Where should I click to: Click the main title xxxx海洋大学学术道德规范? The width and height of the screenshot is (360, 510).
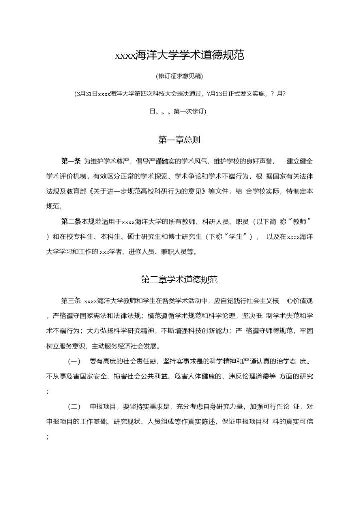[x=179, y=56]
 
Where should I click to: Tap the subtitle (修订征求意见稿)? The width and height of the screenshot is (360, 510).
[x=179, y=76]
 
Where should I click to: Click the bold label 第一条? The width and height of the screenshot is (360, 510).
[x=71, y=161]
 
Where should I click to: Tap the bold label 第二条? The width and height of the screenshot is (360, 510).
[x=71, y=221]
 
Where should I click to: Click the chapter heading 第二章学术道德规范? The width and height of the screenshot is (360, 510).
[x=179, y=279]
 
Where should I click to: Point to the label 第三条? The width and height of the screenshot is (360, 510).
[x=71, y=301]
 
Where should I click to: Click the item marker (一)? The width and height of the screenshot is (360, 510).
[x=74, y=361]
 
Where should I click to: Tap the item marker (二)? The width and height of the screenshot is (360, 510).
[x=74, y=406]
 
